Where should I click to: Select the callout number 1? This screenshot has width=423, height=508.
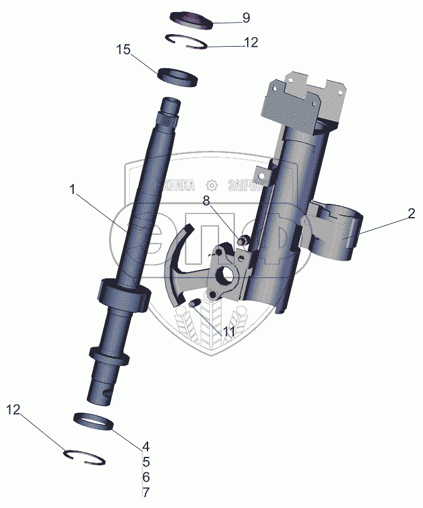pyautogui.click(x=74, y=189)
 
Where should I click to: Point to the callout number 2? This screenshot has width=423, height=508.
pyautogui.click(x=410, y=214)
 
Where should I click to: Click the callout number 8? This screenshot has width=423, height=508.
pyautogui.click(x=206, y=201)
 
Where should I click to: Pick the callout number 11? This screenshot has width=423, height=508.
pyautogui.click(x=228, y=331)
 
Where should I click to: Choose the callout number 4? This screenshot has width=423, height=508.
pyautogui.click(x=145, y=445)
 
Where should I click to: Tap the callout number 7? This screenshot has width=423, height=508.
pyautogui.click(x=145, y=492)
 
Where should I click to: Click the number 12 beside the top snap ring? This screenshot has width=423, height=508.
pyautogui.click(x=250, y=43)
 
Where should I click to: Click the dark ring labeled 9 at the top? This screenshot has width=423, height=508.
pyautogui.click(x=194, y=18)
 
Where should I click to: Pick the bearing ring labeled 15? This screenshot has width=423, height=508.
pyautogui.click(x=177, y=76)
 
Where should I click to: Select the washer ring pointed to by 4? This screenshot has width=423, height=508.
pyautogui.click(x=93, y=420)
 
